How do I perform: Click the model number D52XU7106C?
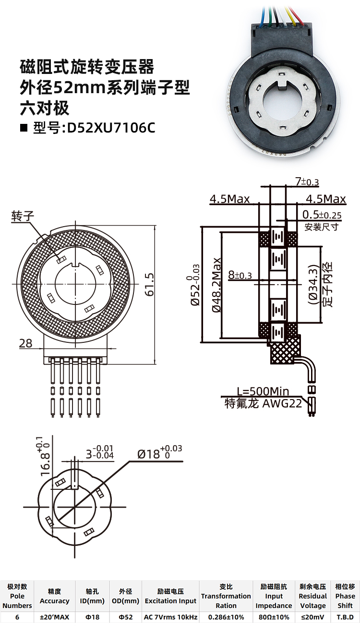[x=111, y=128]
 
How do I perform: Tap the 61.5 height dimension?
[x=149, y=284]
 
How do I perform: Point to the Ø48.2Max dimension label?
[x=216, y=285]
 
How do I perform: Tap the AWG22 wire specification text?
[x=283, y=403]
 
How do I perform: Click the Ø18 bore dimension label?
[x=159, y=452]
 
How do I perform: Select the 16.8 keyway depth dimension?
[x=44, y=456]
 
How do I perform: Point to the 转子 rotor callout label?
[x=23, y=216]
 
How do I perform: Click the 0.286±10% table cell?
[x=226, y=617]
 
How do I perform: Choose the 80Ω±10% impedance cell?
[x=274, y=617]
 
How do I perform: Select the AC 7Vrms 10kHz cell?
[x=170, y=617]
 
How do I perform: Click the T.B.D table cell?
[x=345, y=617]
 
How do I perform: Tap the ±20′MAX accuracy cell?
[x=55, y=617]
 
